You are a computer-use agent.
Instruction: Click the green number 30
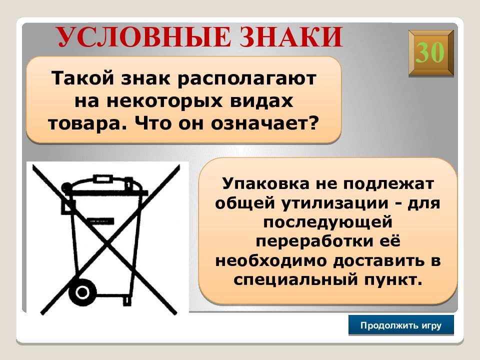click(430, 52)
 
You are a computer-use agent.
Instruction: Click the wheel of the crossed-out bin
click(82, 292)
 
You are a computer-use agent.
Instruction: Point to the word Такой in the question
click(82, 78)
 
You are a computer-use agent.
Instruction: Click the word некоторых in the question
click(164, 101)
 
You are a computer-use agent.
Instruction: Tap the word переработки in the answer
click(314, 241)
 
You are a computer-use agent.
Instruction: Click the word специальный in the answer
click(295, 279)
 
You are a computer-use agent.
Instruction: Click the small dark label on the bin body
click(100, 220)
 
